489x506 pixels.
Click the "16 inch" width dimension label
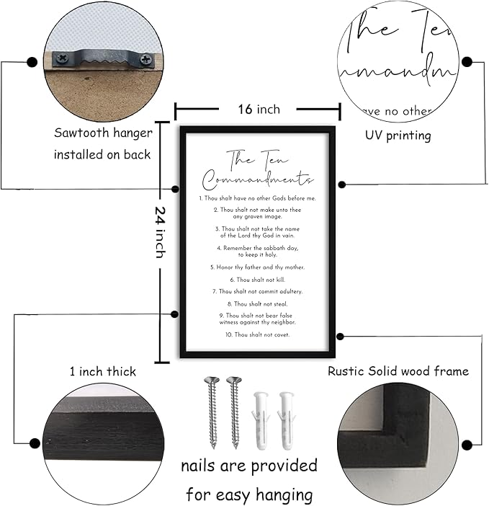[x=258, y=110]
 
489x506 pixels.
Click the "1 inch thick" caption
[x=103, y=372]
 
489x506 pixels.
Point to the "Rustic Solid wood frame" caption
[x=398, y=371]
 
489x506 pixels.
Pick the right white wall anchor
[x=286, y=418]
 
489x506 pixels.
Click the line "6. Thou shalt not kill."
[x=258, y=279]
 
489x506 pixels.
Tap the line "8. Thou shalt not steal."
[x=258, y=304]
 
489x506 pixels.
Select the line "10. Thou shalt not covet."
[x=258, y=334]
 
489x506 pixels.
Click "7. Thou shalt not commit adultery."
[x=258, y=291]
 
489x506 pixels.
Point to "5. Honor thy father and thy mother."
[x=258, y=267]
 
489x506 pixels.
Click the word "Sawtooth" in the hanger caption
[x=81, y=133]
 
